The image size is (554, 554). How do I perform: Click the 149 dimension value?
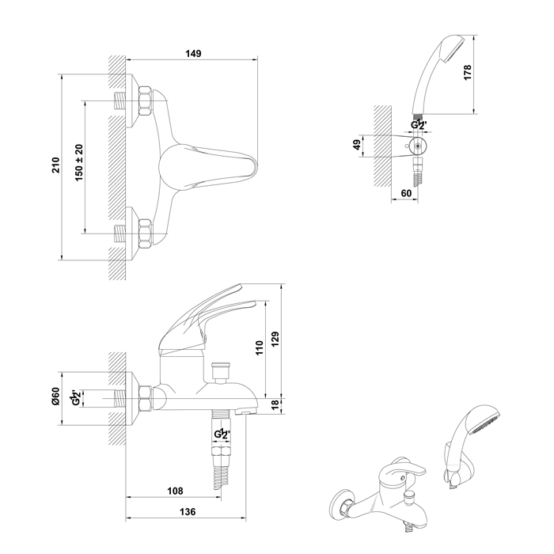193,53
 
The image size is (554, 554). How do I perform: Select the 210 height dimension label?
56,165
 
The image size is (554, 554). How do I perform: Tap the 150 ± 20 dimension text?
79,162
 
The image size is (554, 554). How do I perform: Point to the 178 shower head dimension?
468,73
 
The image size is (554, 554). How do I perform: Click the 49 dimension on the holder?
357,145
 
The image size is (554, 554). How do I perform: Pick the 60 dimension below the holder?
406,193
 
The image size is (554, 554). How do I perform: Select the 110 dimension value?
260,347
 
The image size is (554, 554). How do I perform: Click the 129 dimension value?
275,339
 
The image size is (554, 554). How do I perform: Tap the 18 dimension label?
275,404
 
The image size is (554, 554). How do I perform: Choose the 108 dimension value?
175,491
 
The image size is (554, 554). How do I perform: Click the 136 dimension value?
188,511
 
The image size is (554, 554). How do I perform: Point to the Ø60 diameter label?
56,396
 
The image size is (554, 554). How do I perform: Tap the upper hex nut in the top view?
145,101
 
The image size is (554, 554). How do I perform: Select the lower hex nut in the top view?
145,233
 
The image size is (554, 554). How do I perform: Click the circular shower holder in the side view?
419,146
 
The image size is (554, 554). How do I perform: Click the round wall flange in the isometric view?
340,503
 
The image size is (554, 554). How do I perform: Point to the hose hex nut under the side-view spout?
222,452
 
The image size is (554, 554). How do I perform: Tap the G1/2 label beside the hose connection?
222,434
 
